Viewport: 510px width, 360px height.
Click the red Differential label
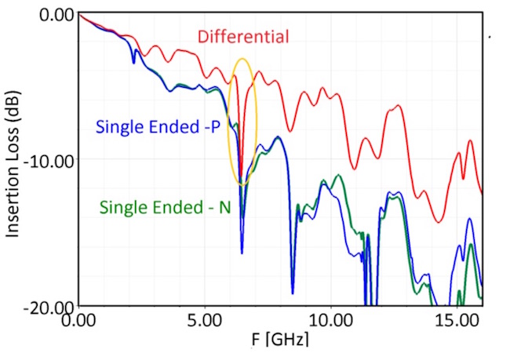243,37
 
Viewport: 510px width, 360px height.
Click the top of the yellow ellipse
243,59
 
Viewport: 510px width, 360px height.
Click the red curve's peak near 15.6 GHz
471,140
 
